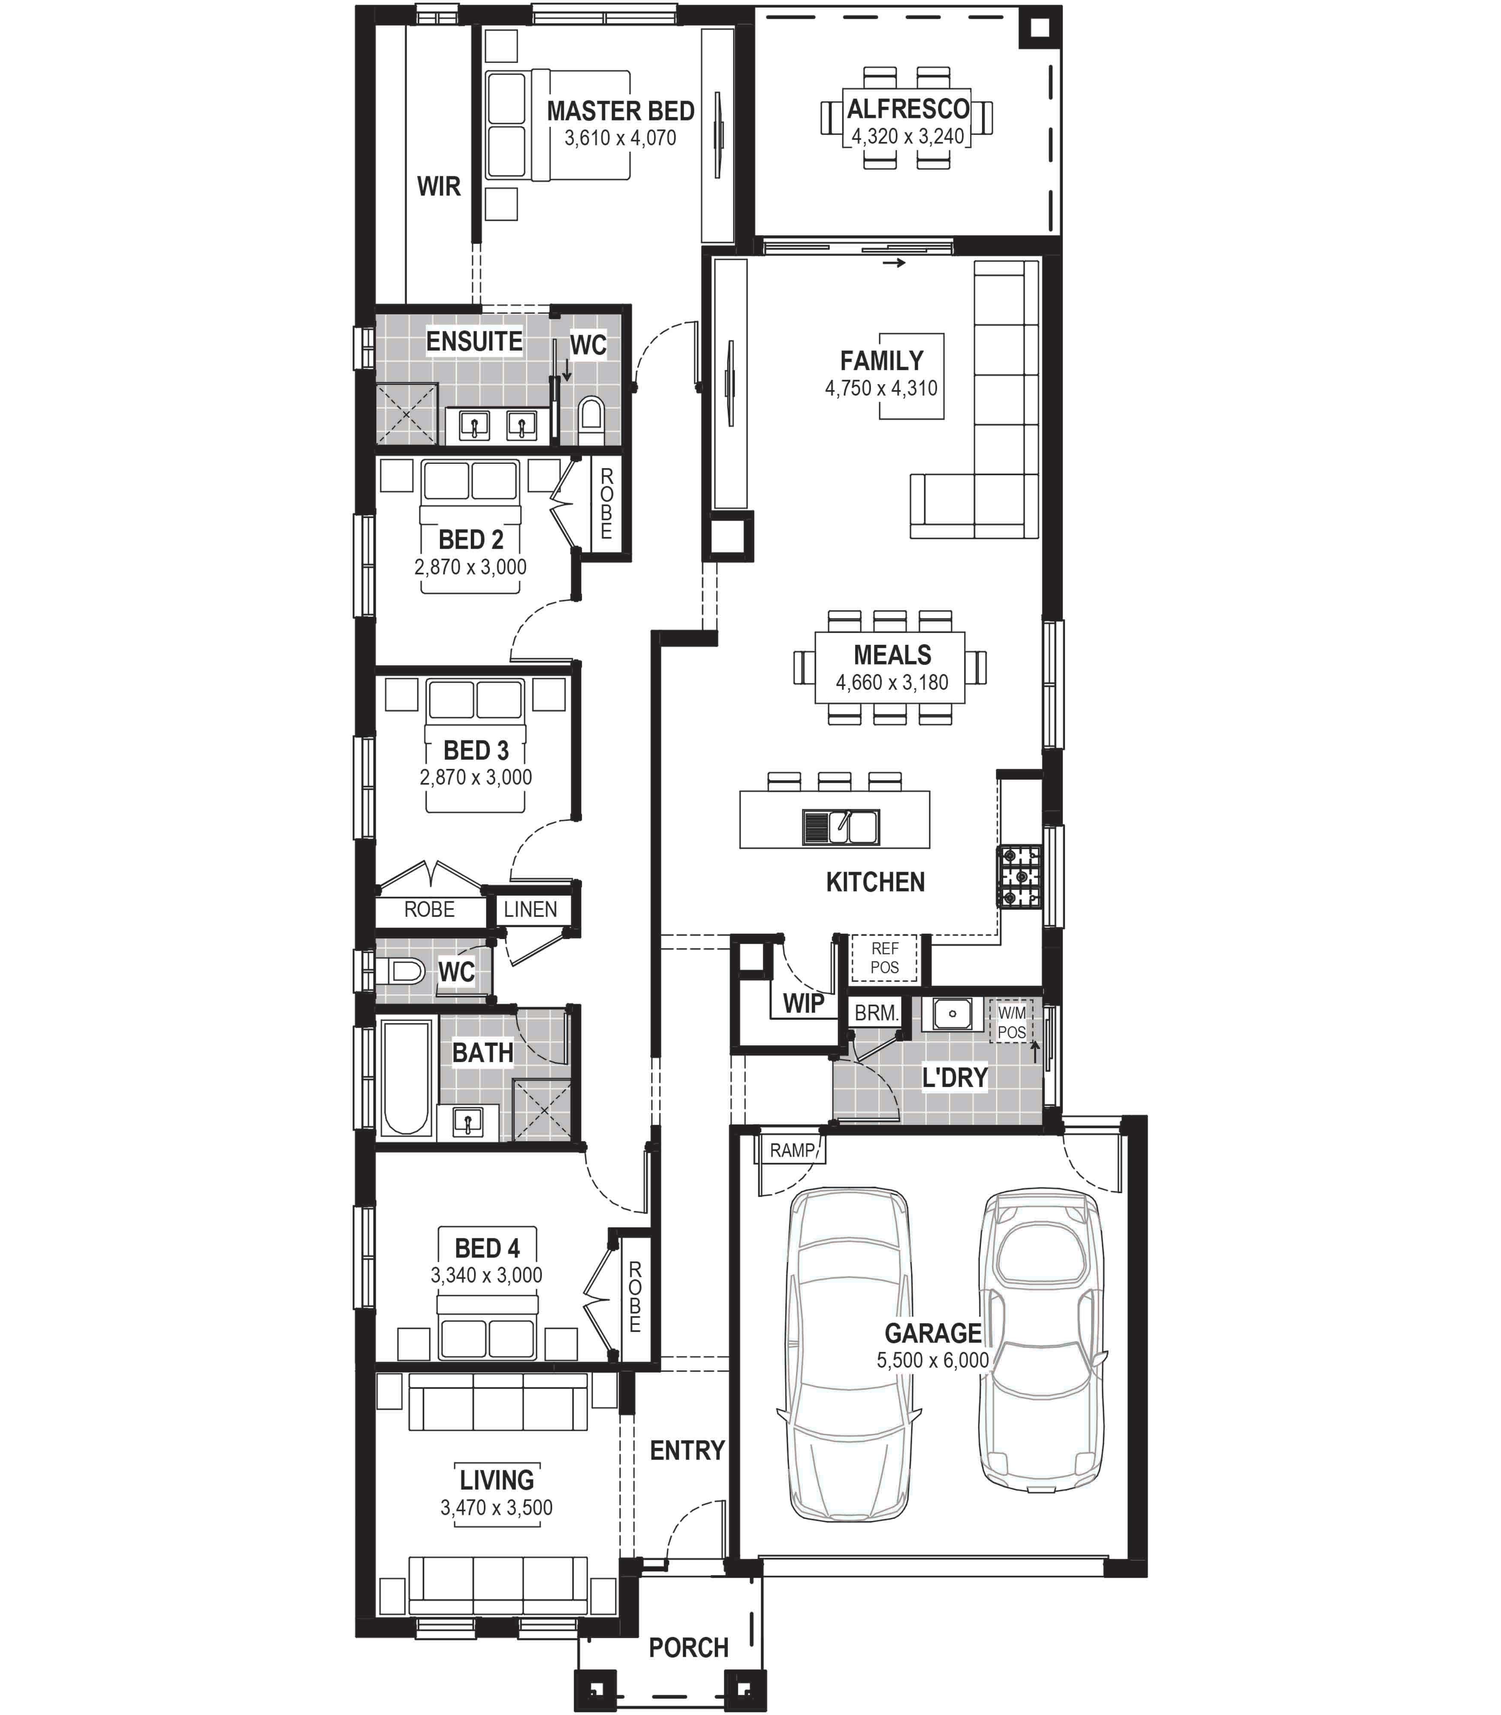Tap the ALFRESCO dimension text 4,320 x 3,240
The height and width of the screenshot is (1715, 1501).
pos(908,136)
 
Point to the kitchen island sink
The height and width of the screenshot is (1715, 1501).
pos(841,827)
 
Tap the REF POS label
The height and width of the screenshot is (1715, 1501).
pos(884,958)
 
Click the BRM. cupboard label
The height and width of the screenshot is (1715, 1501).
pos(876,1012)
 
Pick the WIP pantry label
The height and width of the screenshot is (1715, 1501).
pos(803,1003)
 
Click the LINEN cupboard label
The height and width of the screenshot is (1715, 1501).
pos(530,909)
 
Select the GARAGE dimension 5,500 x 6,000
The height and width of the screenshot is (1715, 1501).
pos(933,1360)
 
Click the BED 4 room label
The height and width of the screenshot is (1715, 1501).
pos(488,1248)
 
